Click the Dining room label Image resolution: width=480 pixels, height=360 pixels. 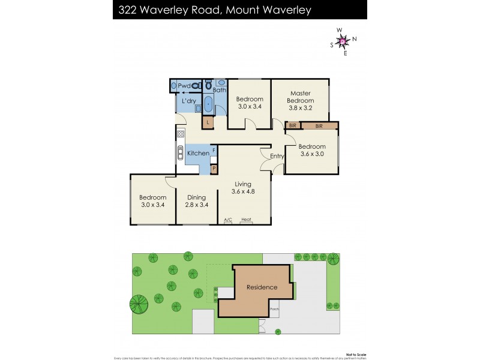tap(196, 197)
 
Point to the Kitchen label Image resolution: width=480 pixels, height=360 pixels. tap(198, 154)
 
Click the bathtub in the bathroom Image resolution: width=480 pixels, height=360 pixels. tap(208, 105)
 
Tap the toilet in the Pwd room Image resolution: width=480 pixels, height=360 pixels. tap(195, 86)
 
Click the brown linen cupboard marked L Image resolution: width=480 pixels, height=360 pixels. tap(208, 122)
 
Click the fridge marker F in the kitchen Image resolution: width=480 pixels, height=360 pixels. tap(213, 149)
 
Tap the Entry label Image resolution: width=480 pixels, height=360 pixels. tap(277, 156)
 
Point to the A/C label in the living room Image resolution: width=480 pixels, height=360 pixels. tap(228, 220)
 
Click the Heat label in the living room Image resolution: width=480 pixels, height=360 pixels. tap(246, 220)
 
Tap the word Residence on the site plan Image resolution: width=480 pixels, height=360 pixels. tap(262, 287)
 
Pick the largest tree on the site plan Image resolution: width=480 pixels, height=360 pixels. tap(138, 304)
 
